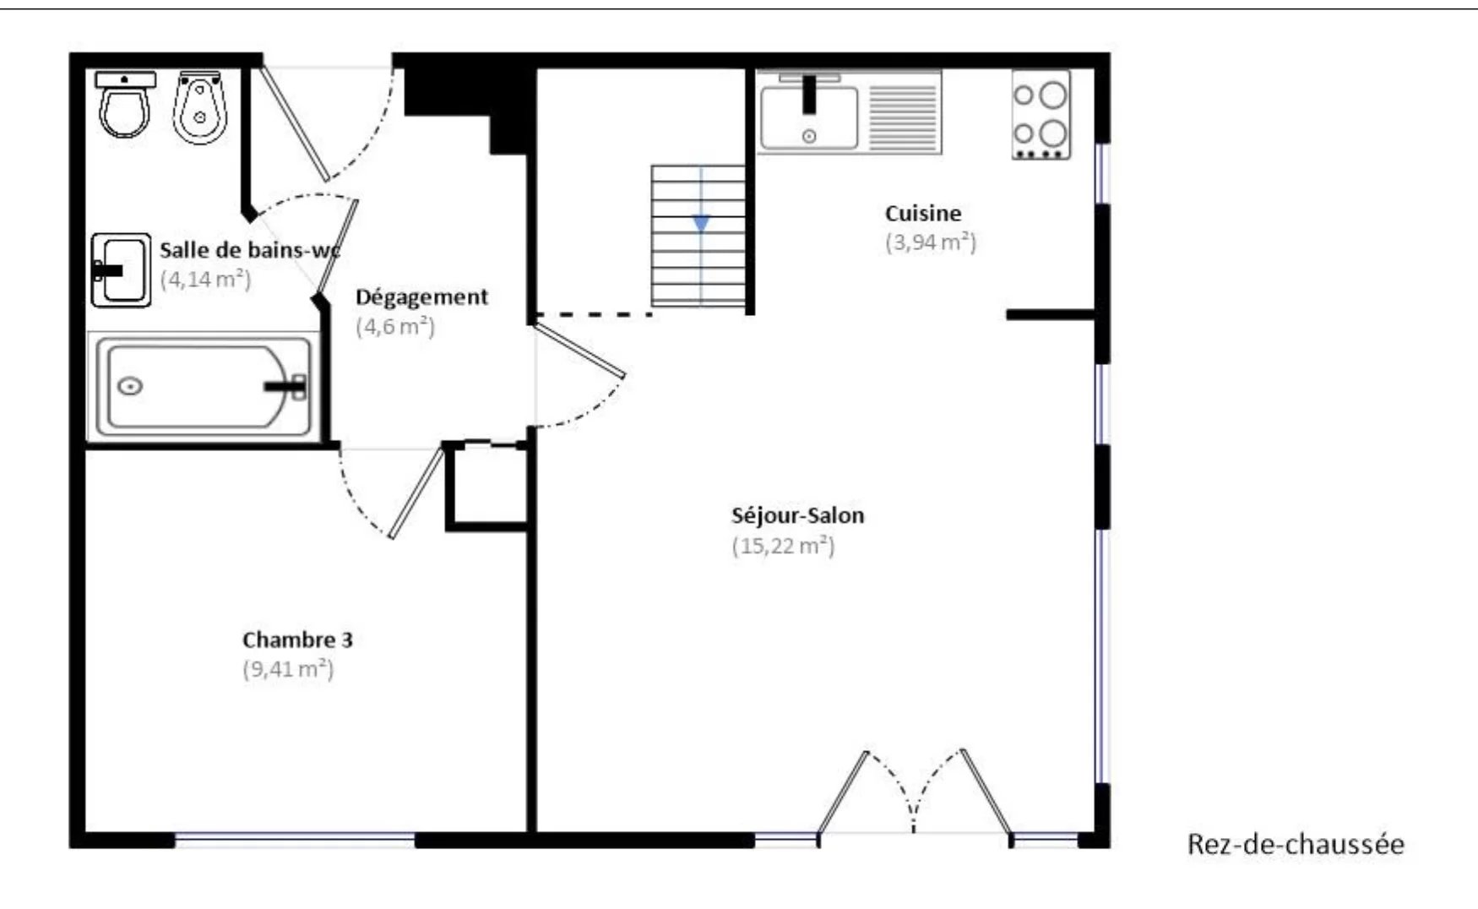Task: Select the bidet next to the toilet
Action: [198, 106]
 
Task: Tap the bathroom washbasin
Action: [121, 270]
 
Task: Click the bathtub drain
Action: [129, 386]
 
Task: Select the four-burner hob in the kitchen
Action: [1041, 115]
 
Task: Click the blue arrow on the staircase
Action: [701, 223]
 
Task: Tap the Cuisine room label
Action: [922, 213]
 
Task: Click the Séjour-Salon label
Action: [797, 515]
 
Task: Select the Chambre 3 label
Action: [297, 640]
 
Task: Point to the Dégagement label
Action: [421, 297]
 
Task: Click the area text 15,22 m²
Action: [783, 546]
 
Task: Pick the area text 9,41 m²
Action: [288, 669]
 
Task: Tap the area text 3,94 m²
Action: [931, 242]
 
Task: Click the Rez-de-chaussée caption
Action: [1296, 844]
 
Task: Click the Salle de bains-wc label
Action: [250, 250]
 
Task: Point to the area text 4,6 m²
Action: [395, 327]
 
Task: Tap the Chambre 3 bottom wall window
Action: [295, 840]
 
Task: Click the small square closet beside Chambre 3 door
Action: [486, 486]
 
